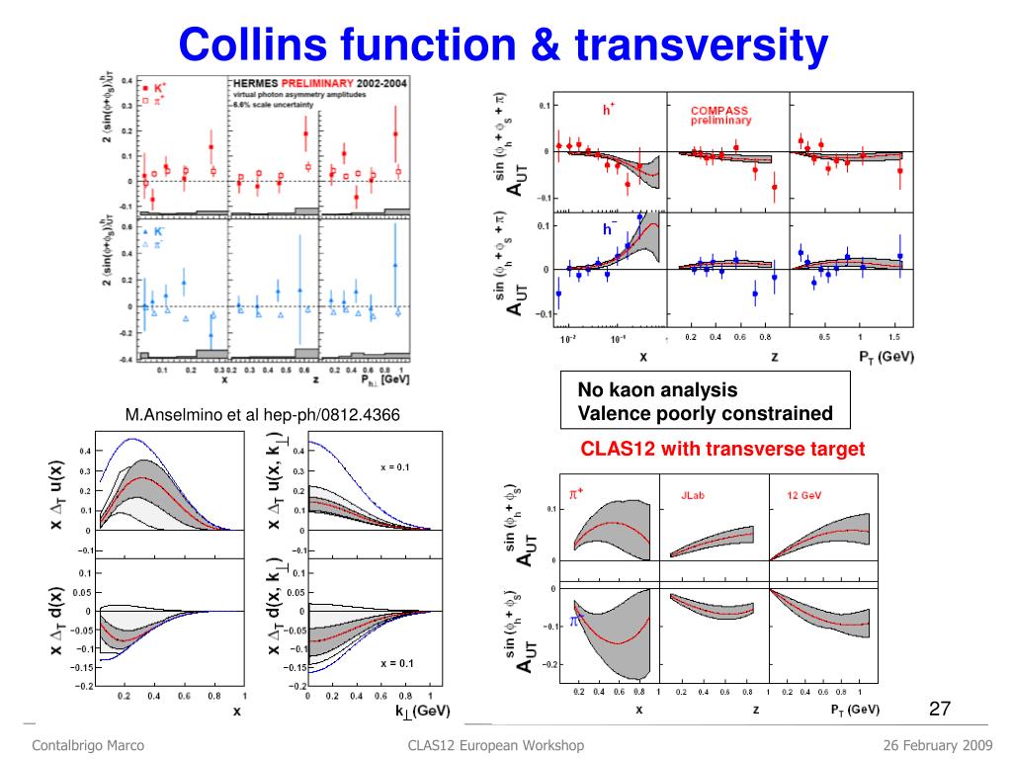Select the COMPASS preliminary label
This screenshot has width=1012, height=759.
click(x=720, y=115)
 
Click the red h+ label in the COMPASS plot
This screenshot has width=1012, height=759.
click(x=609, y=110)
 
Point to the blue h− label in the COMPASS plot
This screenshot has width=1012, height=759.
click(x=611, y=229)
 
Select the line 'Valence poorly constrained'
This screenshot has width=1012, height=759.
click(x=705, y=413)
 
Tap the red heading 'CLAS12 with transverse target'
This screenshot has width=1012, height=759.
click(x=722, y=449)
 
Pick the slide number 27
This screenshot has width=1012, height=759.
click(x=940, y=708)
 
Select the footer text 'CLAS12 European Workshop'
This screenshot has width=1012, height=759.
click(x=496, y=744)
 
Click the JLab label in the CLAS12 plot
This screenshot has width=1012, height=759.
click(x=693, y=492)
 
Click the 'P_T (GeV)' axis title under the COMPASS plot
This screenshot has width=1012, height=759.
click(x=878, y=355)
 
